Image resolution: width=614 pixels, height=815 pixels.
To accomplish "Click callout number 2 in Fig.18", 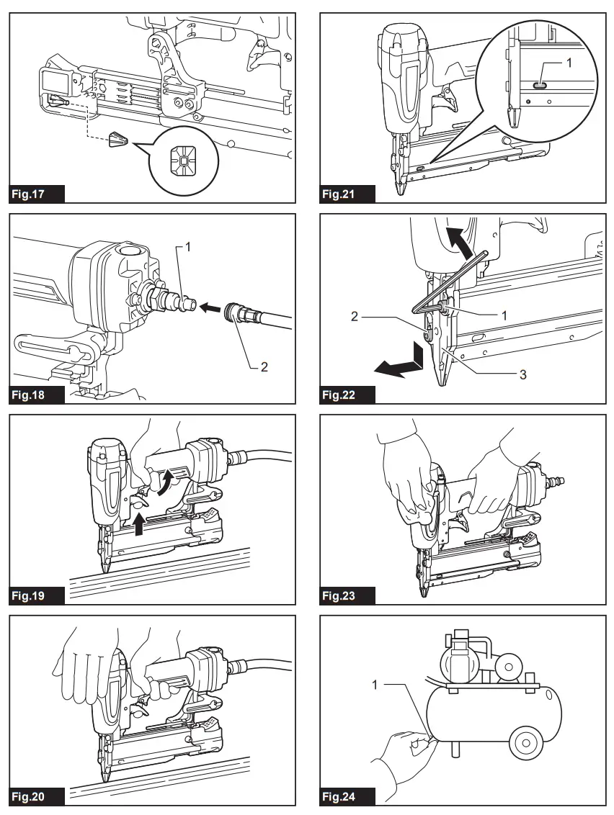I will pos(264,366).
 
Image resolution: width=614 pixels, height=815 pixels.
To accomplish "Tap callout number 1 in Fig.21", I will pos(569,63).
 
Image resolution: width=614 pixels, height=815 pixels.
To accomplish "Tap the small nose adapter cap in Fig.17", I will pos(117,141).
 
